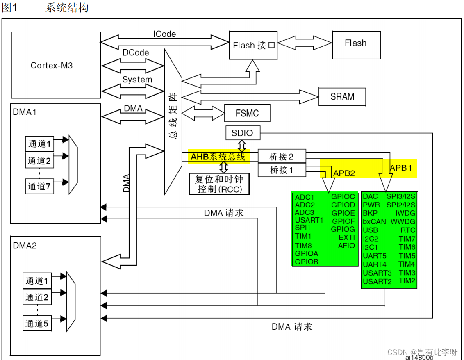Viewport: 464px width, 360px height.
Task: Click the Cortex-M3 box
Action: tap(56, 65)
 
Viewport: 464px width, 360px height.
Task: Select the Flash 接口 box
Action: tap(253, 45)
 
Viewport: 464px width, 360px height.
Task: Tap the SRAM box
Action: tap(342, 97)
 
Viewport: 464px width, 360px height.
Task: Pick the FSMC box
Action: tap(247, 113)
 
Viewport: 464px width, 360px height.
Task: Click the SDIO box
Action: tap(242, 133)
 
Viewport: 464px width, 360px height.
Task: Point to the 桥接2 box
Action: tap(282, 156)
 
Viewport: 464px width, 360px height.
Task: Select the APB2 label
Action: tap(343, 173)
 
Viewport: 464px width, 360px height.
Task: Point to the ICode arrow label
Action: tap(164, 34)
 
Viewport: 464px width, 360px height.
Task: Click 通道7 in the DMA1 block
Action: tap(39, 187)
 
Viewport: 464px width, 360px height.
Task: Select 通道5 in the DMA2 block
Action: tap(37, 324)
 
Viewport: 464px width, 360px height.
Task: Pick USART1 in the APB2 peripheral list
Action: tap(309, 220)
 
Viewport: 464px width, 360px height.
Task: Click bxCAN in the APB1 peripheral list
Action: tap(374, 221)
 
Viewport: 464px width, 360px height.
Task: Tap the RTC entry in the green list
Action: tap(407, 230)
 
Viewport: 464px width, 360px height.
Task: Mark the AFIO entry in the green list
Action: tap(346, 246)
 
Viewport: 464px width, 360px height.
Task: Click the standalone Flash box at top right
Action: tap(355, 43)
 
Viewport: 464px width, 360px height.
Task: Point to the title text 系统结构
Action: tap(67, 8)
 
